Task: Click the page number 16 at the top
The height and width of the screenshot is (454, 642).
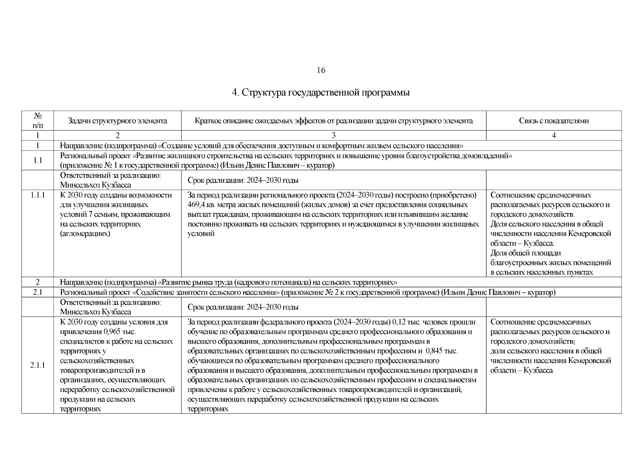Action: (321, 70)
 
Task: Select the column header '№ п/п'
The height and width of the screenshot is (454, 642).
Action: (37, 120)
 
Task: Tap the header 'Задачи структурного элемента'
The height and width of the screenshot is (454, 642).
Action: (117, 121)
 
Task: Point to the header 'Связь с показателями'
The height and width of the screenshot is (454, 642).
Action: (553, 121)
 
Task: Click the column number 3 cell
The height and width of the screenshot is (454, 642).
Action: (333, 135)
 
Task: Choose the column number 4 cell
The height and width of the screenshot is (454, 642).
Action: (553, 135)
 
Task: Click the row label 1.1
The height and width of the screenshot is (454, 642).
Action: (37, 160)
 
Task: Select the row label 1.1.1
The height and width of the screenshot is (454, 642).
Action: (37, 195)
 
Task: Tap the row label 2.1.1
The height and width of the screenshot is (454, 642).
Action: (37, 365)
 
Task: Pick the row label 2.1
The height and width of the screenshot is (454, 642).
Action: (37, 292)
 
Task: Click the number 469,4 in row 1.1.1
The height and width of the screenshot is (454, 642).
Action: (197, 205)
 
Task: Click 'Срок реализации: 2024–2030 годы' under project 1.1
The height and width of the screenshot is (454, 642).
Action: (243, 180)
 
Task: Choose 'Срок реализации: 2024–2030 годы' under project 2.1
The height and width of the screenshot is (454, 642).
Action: (243, 307)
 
